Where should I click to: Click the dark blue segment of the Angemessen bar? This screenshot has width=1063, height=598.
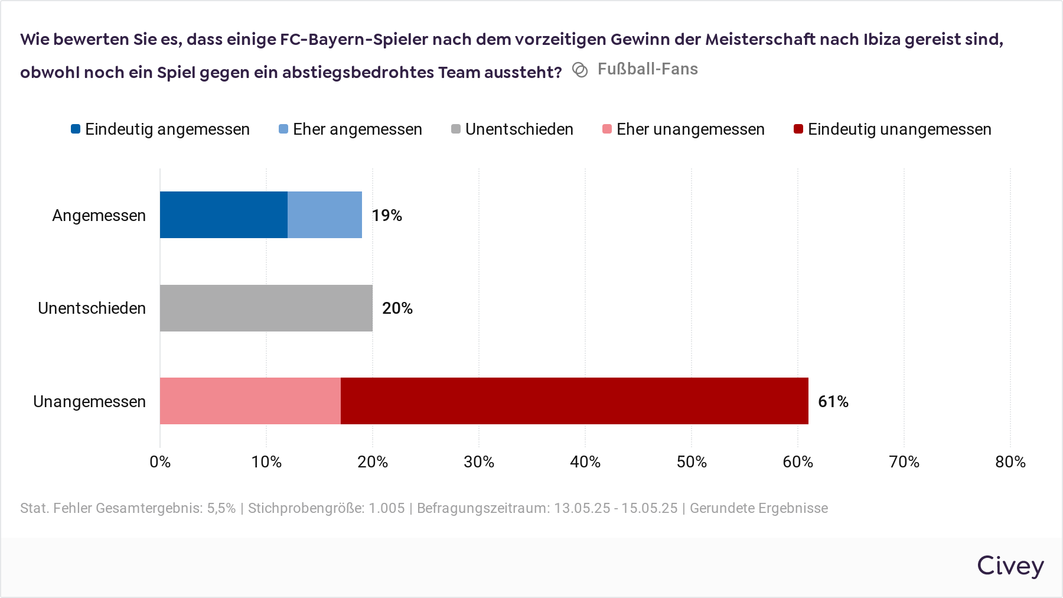(223, 214)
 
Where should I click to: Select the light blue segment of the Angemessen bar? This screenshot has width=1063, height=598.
(324, 214)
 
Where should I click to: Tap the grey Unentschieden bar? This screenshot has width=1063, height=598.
(266, 308)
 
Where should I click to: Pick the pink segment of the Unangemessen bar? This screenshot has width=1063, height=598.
(250, 401)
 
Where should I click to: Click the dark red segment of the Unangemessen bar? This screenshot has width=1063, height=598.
(574, 401)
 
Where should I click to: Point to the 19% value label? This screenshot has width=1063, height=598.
(387, 216)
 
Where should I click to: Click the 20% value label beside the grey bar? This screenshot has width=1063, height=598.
(397, 308)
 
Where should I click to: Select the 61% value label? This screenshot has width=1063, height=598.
(833, 402)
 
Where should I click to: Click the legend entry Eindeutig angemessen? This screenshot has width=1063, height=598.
(161, 129)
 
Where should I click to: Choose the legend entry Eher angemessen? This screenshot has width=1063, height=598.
(351, 129)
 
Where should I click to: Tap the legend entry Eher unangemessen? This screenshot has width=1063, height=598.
(684, 129)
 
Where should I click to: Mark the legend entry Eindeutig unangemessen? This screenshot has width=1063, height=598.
(893, 129)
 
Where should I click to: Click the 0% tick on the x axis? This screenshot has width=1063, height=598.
(160, 462)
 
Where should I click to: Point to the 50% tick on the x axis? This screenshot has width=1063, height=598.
(692, 462)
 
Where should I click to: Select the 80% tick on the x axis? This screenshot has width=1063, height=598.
(1010, 462)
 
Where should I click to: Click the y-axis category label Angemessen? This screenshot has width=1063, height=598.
(99, 216)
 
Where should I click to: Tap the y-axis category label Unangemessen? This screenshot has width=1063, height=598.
(89, 402)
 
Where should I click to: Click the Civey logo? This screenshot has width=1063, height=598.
(1010, 566)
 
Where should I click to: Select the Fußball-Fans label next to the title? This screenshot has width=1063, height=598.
(647, 69)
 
